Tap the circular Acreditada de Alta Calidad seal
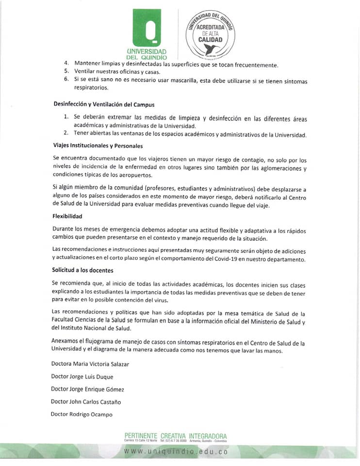(x=211, y=34)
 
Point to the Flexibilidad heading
(x=67, y=216)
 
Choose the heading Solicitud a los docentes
(x=82, y=270)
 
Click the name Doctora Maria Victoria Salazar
(x=90, y=364)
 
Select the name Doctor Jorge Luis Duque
(x=82, y=376)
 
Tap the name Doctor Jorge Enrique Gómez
(x=87, y=389)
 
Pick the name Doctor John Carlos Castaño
(x=86, y=401)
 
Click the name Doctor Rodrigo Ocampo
(x=81, y=414)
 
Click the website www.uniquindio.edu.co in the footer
(x=176, y=451)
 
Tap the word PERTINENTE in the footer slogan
(x=141, y=436)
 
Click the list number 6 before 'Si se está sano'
(x=66, y=79)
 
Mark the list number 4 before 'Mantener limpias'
(x=66, y=64)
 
